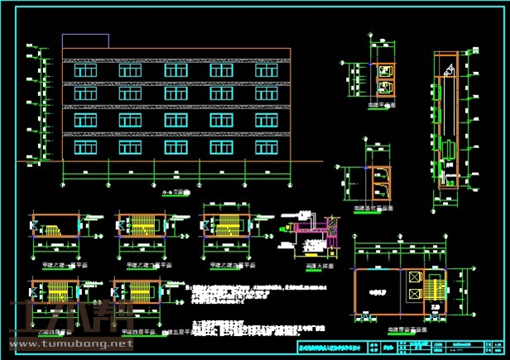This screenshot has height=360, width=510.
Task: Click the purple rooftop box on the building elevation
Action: (x=85, y=41)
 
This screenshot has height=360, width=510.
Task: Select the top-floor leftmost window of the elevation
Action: (x=84, y=71)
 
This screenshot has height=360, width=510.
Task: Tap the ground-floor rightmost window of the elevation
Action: (x=267, y=147)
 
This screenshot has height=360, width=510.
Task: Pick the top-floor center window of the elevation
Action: (x=176, y=71)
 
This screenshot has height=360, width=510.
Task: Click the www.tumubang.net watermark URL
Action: (x=70, y=343)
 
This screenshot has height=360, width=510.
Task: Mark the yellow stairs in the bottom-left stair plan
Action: (x=57, y=291)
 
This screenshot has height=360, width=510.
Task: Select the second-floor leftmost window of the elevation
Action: (x=84, y=122)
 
